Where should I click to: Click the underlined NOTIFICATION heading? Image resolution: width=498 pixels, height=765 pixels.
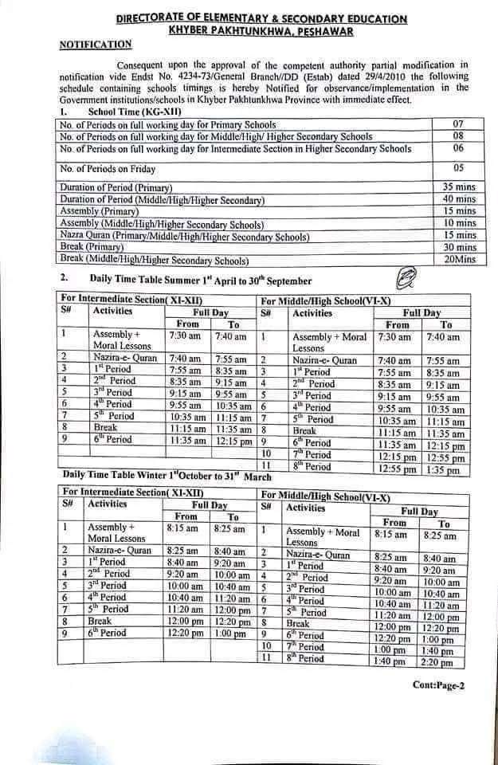click(96, 45)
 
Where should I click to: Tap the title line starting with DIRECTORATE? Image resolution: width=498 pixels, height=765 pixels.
click(261, 18)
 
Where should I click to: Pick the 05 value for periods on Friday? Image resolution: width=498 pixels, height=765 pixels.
click(458, 169)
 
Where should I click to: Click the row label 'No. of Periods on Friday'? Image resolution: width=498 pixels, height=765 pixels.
click(108, 169)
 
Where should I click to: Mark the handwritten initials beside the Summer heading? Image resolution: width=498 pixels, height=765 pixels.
click(406, 278)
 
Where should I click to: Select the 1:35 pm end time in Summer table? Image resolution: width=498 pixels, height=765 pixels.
click(442, 470)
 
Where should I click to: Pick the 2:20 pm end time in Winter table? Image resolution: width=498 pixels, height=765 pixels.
click(439, 662)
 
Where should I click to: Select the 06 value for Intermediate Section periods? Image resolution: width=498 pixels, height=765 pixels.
click(457, 149)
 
